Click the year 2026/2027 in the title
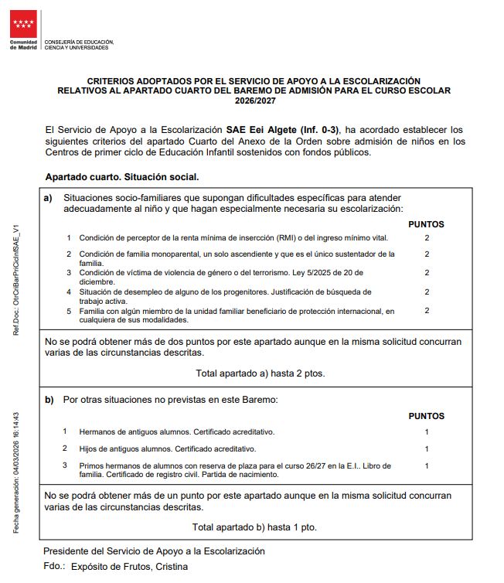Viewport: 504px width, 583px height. coord(254,101)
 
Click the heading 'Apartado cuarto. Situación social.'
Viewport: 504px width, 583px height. coord(122,176)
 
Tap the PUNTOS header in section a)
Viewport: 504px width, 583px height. coord(426,224)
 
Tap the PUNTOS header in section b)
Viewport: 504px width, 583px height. coord(426,417)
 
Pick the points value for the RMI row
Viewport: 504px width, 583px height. coord(427,237)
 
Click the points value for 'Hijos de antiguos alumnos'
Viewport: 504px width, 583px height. coord(427,448)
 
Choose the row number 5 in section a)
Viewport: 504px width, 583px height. coord(69,311)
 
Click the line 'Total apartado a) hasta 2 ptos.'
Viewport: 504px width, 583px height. coord(260,373)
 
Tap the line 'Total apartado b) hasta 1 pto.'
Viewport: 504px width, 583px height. coord(254,527)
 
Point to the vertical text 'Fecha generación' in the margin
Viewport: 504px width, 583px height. coord(16,503)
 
